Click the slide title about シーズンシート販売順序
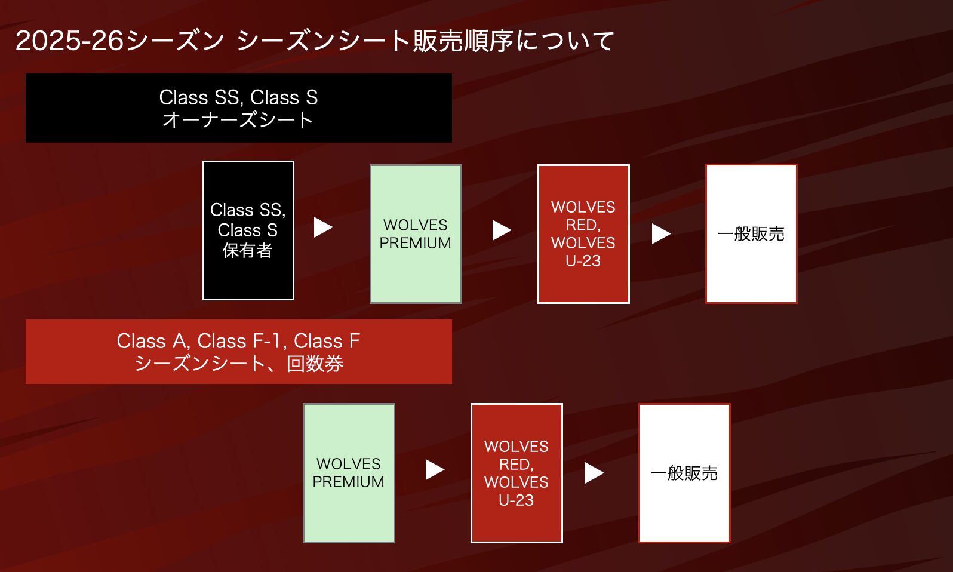tap(315, 41)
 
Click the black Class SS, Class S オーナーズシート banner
tap(239, 108)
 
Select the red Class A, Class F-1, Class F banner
tap(239, 352)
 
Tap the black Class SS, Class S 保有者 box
tap(248, 230)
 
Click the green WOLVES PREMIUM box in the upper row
tap(416, 234)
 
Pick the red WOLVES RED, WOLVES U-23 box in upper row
tap(583, 234)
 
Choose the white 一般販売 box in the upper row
tap(751, 234)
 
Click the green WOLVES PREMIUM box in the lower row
tap(349, 473)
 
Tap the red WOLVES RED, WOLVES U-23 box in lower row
tap(517, 473)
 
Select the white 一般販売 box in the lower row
tap(684, 473)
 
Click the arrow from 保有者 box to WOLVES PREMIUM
tap(323, 227)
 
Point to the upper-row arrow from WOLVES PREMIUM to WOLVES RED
tap(502, 230)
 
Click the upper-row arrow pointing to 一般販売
tap(661, 234)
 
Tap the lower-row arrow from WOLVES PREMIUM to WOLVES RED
tap(435, 469)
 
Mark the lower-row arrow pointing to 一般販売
tap(594, 473)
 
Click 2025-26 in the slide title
tap(69, 41)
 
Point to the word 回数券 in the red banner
tap(315, 364)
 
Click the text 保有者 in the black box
tap(247, 251)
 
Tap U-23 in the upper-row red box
tap(583, 261)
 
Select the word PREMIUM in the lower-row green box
tap(349, 482)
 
